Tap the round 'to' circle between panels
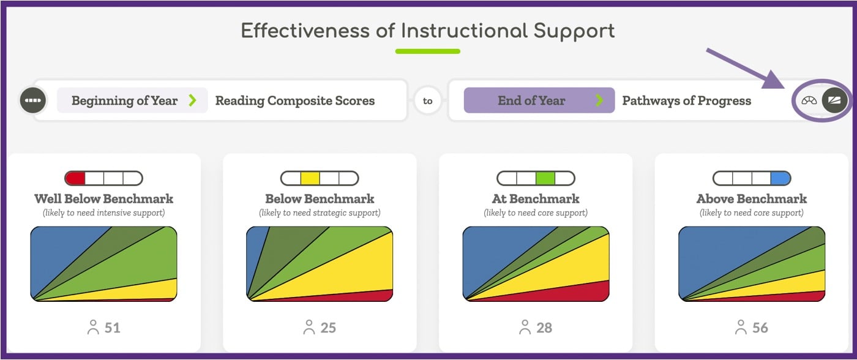[427, 101]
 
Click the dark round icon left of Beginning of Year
[33, 100]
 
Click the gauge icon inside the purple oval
[809, 100]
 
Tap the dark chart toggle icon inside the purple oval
[834, 100]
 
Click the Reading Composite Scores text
[294, 101]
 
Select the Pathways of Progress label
[686, 101]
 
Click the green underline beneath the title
[427, 51]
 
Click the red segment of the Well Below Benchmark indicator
[75, 178]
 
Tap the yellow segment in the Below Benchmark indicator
[310, 178]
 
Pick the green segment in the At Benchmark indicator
[545, 178]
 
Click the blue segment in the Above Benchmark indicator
[780, 178]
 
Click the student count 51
[112, 328]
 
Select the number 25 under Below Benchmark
[328, 328]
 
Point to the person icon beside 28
[525, 328]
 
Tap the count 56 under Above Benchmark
[760, 328]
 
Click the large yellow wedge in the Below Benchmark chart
[355, 269]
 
